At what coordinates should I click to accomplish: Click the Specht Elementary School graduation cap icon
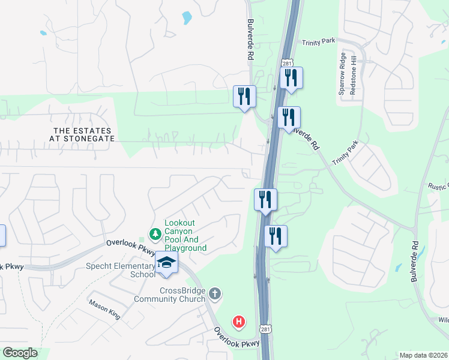click(166, 263)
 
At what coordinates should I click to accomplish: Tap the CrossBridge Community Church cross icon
click(215, 294)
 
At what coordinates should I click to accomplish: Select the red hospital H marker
click(240, 322)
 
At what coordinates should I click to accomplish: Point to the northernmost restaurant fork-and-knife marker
click(291, 78)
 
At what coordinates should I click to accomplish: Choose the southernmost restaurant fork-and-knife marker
click(276, 235)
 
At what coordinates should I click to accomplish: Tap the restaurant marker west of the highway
click(244, 96)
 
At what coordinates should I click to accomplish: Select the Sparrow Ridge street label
click(342, 74)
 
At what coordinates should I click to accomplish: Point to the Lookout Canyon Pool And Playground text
click(185, 236)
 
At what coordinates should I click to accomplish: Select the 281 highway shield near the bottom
click(265, 328)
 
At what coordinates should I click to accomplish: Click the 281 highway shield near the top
click(287, 63)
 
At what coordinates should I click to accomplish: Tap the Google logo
click(20, 353)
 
